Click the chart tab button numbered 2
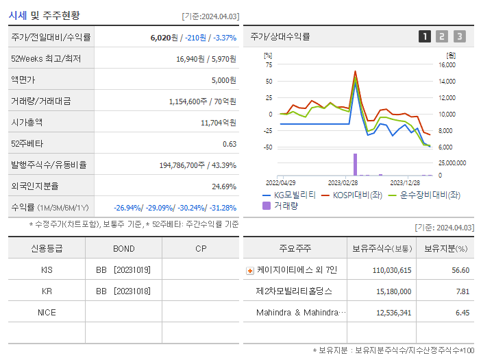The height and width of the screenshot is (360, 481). [x=442, y=36]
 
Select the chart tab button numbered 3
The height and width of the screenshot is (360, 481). [x=459, y=36]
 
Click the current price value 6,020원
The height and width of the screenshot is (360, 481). [x=165, y=38]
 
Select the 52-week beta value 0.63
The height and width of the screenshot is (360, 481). [x=230, y=144]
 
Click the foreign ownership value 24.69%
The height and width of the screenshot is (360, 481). [x=223, y=186]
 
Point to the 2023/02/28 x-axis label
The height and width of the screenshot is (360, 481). [x=343, y=183]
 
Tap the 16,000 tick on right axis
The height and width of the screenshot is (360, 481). [x=447, y=65]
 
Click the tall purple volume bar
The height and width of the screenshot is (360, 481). [x=355, y=165]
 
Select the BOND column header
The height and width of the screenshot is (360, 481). [x=124, y=248]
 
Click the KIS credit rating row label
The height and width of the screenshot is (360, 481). [x=47, y=270]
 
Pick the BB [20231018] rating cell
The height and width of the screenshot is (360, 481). [x=123, y=291]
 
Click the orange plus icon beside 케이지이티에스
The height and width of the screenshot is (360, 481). [x=249, y=270]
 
